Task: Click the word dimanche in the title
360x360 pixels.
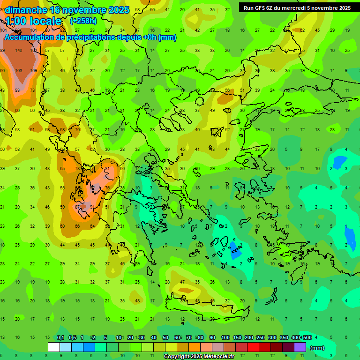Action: pyautogui.click(x=26, y=10)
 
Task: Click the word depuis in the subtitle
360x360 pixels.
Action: pyautogui.click(x=135, y=37)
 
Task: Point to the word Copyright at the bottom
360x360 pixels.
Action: pyautogui.click(x=177, y=357)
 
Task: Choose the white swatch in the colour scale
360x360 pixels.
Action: pyautogui.click(x=54, y=347)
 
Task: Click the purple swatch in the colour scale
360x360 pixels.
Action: pyautogui.click(x=300, y=347)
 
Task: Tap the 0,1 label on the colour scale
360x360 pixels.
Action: pyautogui.click(x=60, y=338)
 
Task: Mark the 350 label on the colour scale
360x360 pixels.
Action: pyautogui.click(x=283, y=338)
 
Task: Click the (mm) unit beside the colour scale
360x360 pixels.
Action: pyautogui.click(x=317, y=348)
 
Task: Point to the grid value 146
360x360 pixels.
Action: pyautogui.click(x=19, y=50)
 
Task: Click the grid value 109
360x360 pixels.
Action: pyautogui.click(x=34, y=70)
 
